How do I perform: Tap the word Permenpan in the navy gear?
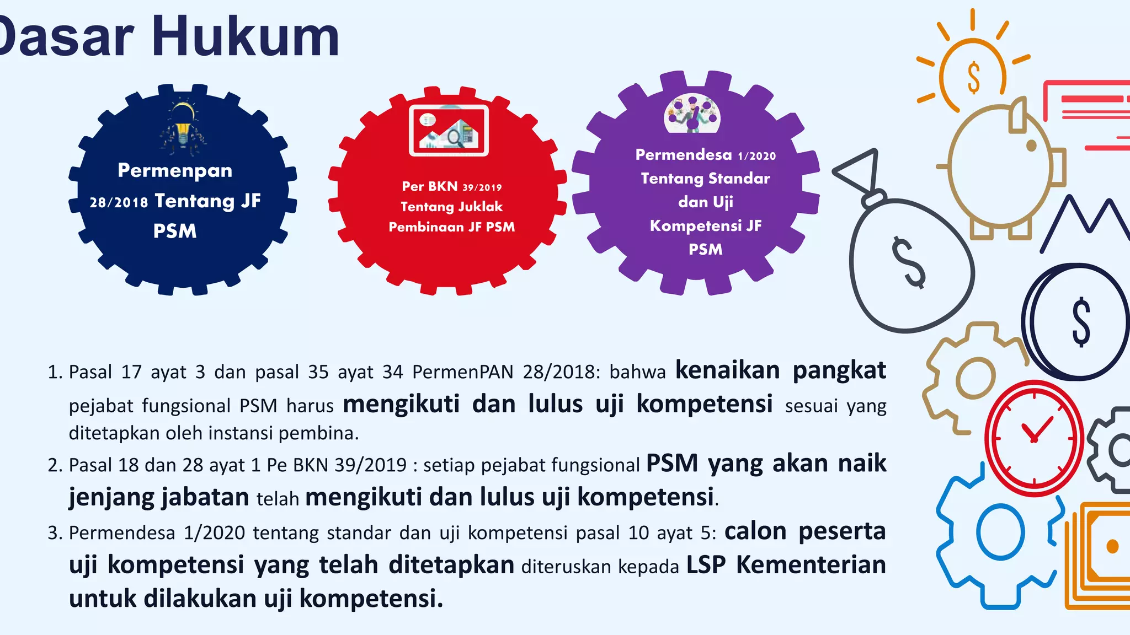pyautogui.click(x=175, y=170)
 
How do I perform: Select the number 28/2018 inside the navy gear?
pyautogui.click(x=119, y=202)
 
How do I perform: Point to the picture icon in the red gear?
pyautogui.click(x=449, y=130)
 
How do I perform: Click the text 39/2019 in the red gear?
pyautogui.click(x=482, y=187)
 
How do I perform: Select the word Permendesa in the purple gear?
pyautogui.click(x=684, y=155)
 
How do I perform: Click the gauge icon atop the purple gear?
pyautogui.click(x=692, y=115)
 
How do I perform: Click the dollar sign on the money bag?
pyautogui.click(x=908, y=262)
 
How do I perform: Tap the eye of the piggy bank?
pyautogui.click(x=1031, y=146)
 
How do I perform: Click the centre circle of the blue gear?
pyautogui.click(x=1000, y=532)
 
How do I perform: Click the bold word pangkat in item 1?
pyautogui.click(x=839, y=370)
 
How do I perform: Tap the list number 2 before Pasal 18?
pyautogui.click(x=54, y=465)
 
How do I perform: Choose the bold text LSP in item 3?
pyautogui.click(x=706, y=565)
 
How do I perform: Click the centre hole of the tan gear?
pyautogui.click(x=975, y=378)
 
